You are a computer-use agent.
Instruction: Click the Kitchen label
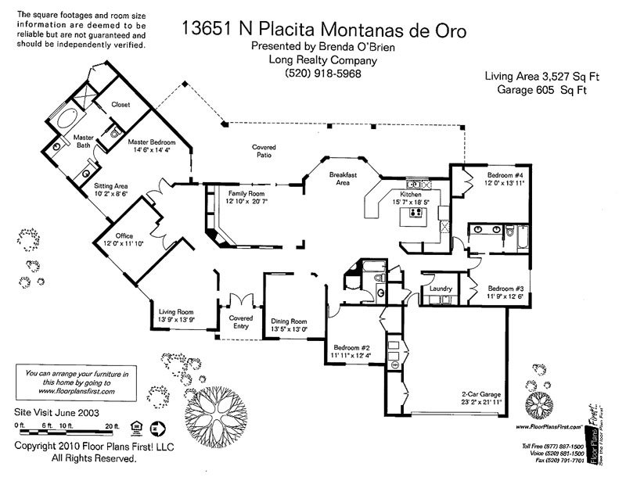click(x=412, y=193)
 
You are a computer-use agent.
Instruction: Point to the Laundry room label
click(x=441, y=289)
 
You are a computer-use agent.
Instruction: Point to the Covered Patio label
click(x=263, y=151)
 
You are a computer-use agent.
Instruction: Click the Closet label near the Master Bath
click(x=121, y=104)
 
